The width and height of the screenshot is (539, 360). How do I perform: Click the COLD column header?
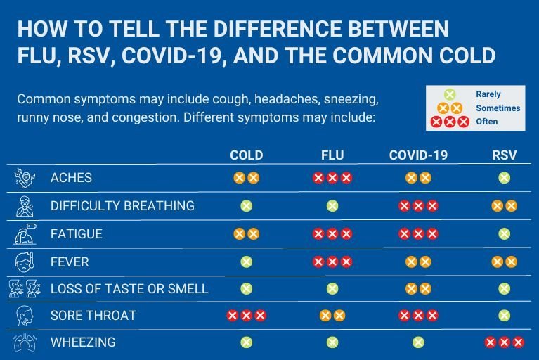pyautogui.click(x=246, y=155)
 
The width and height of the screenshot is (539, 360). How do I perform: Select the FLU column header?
pyautogui.click(x=332, y=155)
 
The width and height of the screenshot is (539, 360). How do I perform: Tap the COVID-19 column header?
pyautogui.click(x=418, y=155)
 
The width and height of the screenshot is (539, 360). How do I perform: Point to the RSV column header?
pyautogui.click(x=504, y=155)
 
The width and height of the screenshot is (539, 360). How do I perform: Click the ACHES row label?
pyautogui.click(x=71, y=179)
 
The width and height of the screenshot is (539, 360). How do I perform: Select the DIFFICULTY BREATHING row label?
pyautogui.click(x=122, y=206)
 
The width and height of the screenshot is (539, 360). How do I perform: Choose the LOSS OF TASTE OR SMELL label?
pyautogui.click(x=129, y=289)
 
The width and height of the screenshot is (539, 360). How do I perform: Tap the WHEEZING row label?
pyautogui.click(x=83, y=343)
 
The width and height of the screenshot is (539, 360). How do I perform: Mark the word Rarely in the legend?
pyautogui.click(x=488, y=94)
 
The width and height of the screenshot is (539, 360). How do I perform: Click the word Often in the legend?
pyautogui.click(x=486, y=122)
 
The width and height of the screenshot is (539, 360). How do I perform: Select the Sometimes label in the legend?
pyautogui.click(x=498, y=108)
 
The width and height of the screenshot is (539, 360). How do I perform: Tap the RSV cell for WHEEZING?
pyautogui.click(x=504, y=343)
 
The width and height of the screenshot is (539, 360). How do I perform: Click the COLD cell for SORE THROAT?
pyautogui.click(x=246, y=316)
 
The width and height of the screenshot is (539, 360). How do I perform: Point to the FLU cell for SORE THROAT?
pyautogui.click(x=332, y=316)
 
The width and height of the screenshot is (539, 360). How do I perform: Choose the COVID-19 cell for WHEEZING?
pyautogui.click(x=418, y=343)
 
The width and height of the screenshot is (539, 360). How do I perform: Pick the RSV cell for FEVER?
pyautogui.click(x=504, y=262)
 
